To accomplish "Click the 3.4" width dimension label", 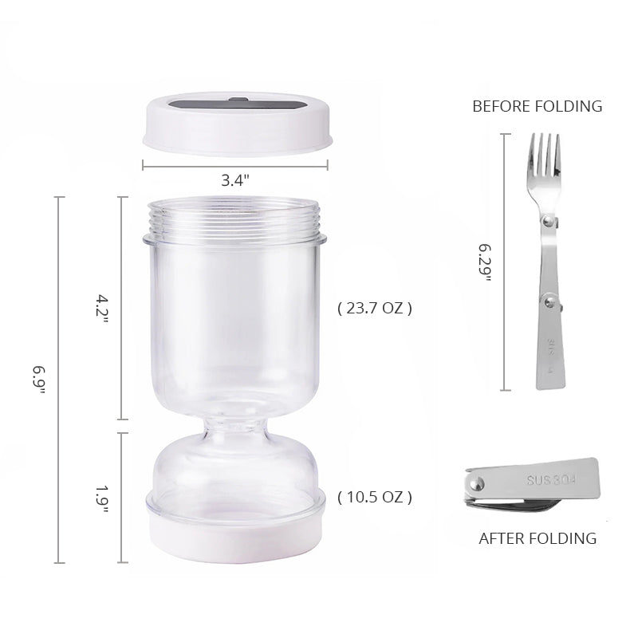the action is point(235,180).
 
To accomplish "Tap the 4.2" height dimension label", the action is point(102,309).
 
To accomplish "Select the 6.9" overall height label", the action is point(39,380).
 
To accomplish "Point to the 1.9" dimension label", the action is point(102,499).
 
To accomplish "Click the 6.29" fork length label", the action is point(485,262).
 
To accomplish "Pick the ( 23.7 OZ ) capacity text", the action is point(375,308).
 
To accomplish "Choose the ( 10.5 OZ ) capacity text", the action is point(375,497).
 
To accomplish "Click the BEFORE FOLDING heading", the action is point(537,106).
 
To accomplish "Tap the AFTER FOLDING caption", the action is point(538,538).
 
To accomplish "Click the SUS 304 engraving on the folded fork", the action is point(551,480).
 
